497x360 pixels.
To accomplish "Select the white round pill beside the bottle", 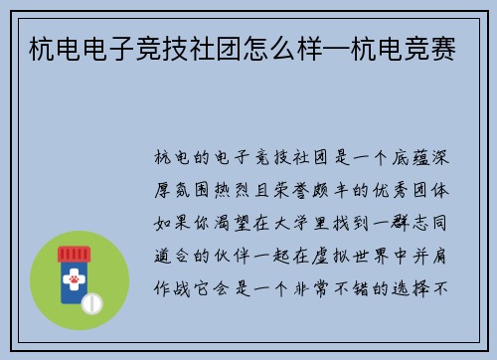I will pyautogui.click(x=92, y=300).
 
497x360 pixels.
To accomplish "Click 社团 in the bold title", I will pyautogui.click(x=224, y=47).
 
